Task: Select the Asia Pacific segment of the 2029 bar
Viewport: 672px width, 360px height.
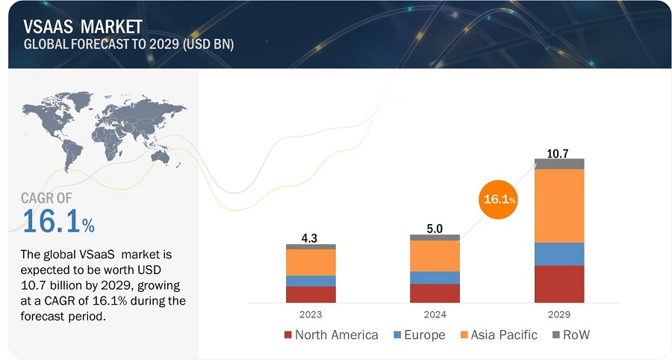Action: click(559, 206)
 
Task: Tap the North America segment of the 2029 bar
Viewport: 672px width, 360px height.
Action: click(559, 284)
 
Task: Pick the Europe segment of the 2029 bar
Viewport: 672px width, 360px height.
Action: click(559, 254)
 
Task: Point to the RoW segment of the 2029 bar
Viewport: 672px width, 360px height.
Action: click(559, 164)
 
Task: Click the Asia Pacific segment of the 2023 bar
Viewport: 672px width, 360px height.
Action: click(311, 262)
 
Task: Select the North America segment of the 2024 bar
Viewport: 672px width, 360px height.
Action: click(435, 293)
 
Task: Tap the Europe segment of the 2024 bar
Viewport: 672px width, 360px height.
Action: click(435, 277)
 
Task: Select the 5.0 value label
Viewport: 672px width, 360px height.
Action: click(435, 229)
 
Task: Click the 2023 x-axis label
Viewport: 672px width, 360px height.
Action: click(311, 314)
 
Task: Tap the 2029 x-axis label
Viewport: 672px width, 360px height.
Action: click(559, 314)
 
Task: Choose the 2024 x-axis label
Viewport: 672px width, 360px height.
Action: click(435, 314)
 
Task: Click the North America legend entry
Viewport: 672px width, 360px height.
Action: click(330, 335)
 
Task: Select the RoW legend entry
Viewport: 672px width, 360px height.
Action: click(570, 335)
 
